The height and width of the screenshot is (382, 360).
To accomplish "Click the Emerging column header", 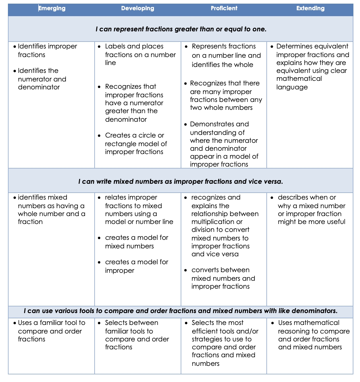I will pos(52,9).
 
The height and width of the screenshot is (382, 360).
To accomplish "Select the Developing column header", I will pos(137,9).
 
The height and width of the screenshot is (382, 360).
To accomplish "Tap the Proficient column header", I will pos(224,9).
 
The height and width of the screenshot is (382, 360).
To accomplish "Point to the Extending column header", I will pos(310,9).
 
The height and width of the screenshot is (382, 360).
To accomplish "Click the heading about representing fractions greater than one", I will pos(181,29).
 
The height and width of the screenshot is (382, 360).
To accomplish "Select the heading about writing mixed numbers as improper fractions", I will pos(181,181).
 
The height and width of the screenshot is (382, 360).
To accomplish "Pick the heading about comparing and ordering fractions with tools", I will pos(181,311).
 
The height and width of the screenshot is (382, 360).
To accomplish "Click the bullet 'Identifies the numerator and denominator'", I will pos(42,79).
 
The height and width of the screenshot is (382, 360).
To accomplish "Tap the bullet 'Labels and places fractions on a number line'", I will pos(140,54).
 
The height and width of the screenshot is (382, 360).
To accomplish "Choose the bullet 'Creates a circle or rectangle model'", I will pos(136,143).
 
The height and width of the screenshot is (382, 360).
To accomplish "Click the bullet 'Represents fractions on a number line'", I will pos(226,55).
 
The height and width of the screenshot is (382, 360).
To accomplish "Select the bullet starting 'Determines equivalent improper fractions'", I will pos(312,67).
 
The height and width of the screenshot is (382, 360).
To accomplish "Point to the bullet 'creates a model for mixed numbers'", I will pos(136,242).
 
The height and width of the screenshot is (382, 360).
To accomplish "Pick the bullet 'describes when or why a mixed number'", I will pos(311,209).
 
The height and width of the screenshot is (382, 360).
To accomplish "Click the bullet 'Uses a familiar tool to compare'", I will pos(51,331).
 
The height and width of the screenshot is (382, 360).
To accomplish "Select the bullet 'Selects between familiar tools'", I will pos(137,335).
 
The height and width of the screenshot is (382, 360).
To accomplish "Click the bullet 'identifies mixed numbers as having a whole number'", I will pos(51,209).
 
